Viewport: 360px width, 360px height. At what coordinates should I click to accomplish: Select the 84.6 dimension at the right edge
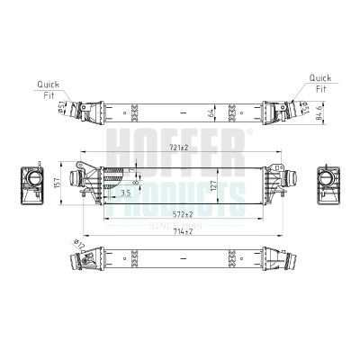320,114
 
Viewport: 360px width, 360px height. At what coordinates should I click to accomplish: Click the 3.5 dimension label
125,193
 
